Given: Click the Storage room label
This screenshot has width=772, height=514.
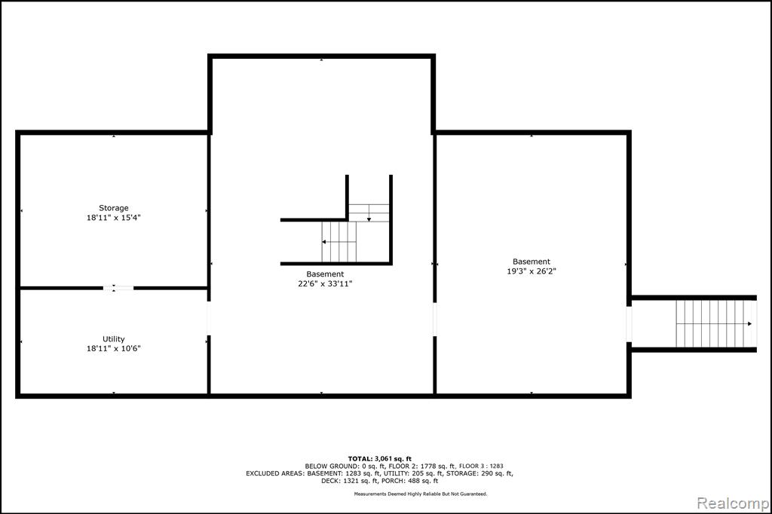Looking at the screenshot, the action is click(x=114, y=208).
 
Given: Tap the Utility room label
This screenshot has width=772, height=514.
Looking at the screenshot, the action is click(x=114, y=338).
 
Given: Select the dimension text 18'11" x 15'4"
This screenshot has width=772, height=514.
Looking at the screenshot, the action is click(x=114, y=218).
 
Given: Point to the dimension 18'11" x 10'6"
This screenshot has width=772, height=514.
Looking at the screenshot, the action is click(x=114, y=349).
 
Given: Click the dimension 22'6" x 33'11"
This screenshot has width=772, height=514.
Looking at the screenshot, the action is click(x=325, y=283).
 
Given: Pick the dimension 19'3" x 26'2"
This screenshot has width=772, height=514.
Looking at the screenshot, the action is click(x=532, y=271).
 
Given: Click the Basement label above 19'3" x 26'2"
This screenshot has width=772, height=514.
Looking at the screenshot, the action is click(x=532, y=262).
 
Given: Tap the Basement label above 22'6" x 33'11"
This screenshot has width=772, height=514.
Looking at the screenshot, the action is click(x=325, y=274).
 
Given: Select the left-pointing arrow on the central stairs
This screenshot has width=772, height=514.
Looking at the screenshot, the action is click(x=339, y=242).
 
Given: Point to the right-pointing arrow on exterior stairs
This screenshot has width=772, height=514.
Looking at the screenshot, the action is click(x=714, y=323).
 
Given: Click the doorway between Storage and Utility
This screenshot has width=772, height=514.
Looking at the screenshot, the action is click(x=118, y=288).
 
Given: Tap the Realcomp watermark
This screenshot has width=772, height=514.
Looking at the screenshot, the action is click(x=733, y=503).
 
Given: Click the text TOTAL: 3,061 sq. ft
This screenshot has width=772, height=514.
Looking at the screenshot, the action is click(x=380, y=459).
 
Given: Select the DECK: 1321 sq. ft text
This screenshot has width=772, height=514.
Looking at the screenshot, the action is click(x=350, y=481).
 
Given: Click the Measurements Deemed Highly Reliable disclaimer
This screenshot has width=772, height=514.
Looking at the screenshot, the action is click(x=421, y=494).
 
